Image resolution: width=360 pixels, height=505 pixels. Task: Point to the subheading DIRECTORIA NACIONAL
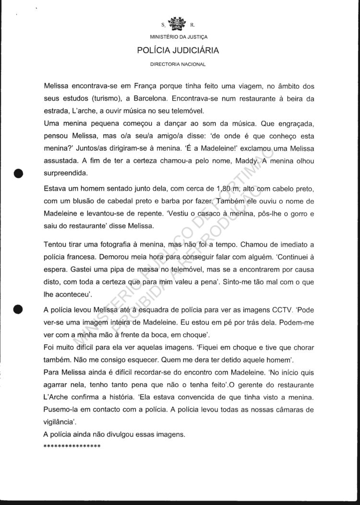pyautogui.click(x=178, y=64)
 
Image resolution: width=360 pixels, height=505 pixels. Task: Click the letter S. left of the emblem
pyautogui.click(x=163, y=24)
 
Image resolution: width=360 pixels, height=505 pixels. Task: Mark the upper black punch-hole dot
pyautogui.click(x=19, y=173)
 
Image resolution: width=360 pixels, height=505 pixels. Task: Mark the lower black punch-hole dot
pyautogui.click(x=19, y=308)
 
